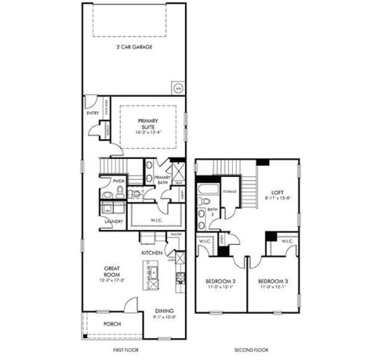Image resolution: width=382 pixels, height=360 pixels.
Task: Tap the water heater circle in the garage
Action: coord(178,87)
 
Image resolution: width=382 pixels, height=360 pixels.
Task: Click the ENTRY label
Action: coord(92,113)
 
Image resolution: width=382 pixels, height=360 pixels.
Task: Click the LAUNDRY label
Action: coord(114,221)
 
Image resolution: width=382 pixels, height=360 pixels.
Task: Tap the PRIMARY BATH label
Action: coord(163,179)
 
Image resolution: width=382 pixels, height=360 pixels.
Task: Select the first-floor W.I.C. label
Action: coord(157,219)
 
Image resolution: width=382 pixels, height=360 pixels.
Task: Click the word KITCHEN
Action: coord(153,253)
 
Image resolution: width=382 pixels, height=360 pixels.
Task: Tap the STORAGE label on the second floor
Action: coord(230,191)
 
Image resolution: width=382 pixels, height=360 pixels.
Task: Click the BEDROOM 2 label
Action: coord(220,282)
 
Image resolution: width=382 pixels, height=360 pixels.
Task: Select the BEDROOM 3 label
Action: coord(272,282)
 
